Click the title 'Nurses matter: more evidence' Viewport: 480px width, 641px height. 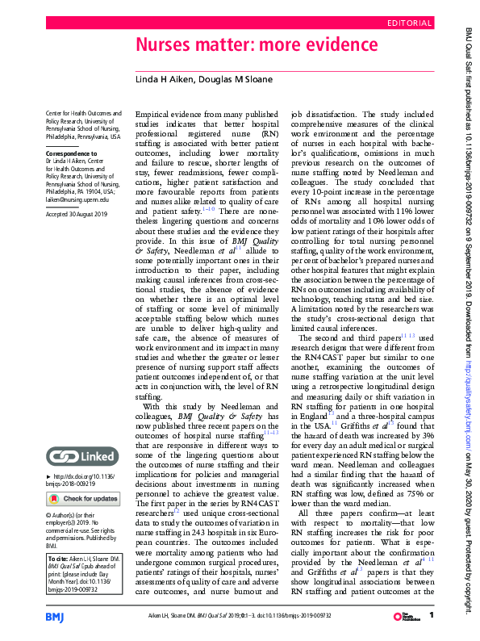(x=256, y=44)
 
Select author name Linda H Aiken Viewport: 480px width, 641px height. (x=165, y=78)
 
